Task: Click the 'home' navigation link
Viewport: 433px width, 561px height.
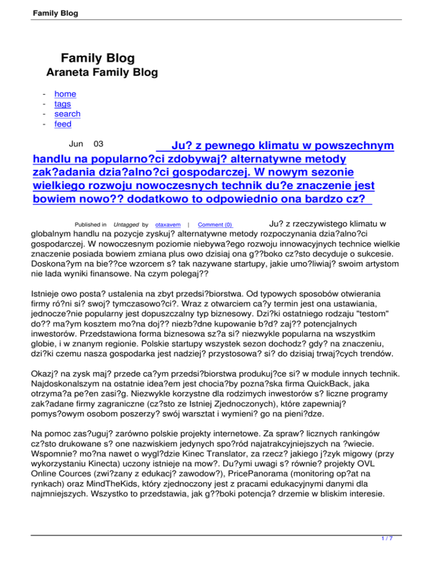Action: click(x=65, y=94)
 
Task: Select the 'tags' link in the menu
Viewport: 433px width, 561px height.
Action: click(x=63, y=104)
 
